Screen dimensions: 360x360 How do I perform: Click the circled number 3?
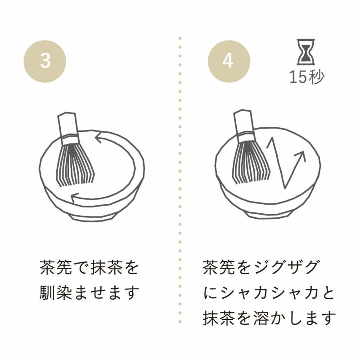click(45, 61)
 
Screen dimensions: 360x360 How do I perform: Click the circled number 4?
click(229, 61)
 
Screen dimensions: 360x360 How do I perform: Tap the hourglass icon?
click(306, 52)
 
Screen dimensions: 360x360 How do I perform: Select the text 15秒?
click(307, 77)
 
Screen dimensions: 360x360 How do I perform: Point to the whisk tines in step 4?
click(251, 162)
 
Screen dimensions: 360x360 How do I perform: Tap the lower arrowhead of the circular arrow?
click(75, 198)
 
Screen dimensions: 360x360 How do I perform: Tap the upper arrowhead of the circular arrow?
click(99, 137)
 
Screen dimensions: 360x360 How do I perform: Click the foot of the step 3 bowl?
click(92, 216)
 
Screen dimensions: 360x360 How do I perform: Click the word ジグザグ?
click(287, 267)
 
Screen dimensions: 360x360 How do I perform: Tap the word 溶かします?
click(295, 318)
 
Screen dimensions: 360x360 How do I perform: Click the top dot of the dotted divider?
click(180, 38)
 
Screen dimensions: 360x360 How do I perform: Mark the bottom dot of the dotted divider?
click(180, 322)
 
